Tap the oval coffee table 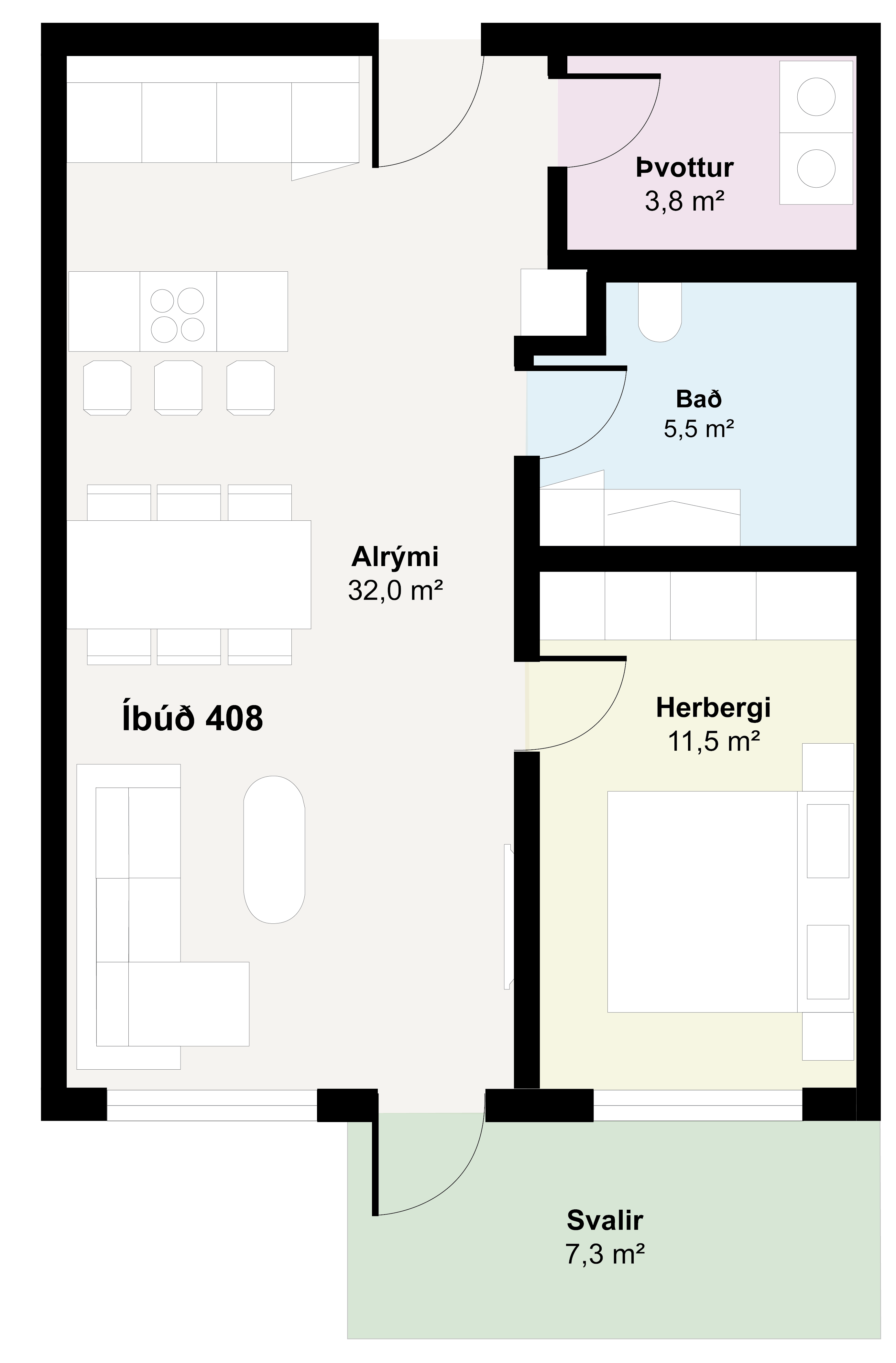point(274,849)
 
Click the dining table point(189,574)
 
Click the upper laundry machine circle point(816,96)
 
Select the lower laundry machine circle point(816,169)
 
